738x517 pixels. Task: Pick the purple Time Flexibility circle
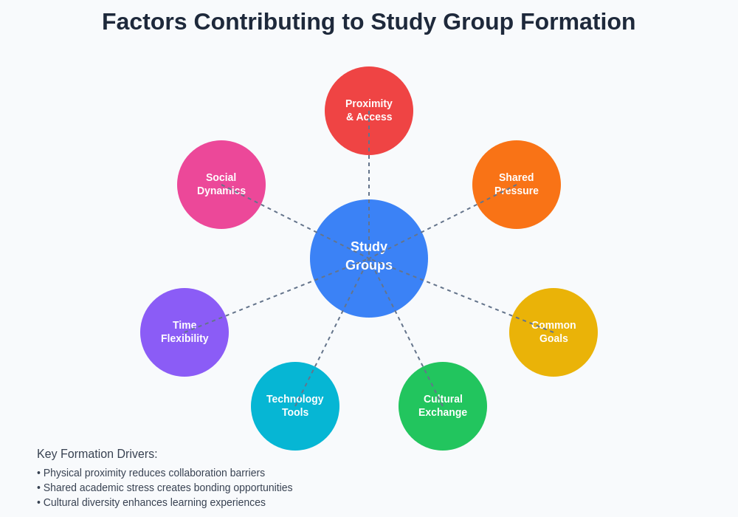pos(184,355)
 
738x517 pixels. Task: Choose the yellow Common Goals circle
pos(553,355)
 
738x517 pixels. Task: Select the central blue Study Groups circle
pos(369,288)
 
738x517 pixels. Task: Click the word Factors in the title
pos(144,21)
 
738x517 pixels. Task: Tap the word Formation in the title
pos(578,21)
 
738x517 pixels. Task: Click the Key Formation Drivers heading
pos(97,454)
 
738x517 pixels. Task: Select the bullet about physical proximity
pos(151,473)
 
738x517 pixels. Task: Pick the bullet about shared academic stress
pos(165,487)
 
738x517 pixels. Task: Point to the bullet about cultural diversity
pos(151,502)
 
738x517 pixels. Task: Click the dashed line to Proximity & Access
pos(369,177)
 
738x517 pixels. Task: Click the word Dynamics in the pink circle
pos(221,191)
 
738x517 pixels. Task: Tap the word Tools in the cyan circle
pos(295,412)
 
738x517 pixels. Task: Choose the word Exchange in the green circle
pos(443,412)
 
